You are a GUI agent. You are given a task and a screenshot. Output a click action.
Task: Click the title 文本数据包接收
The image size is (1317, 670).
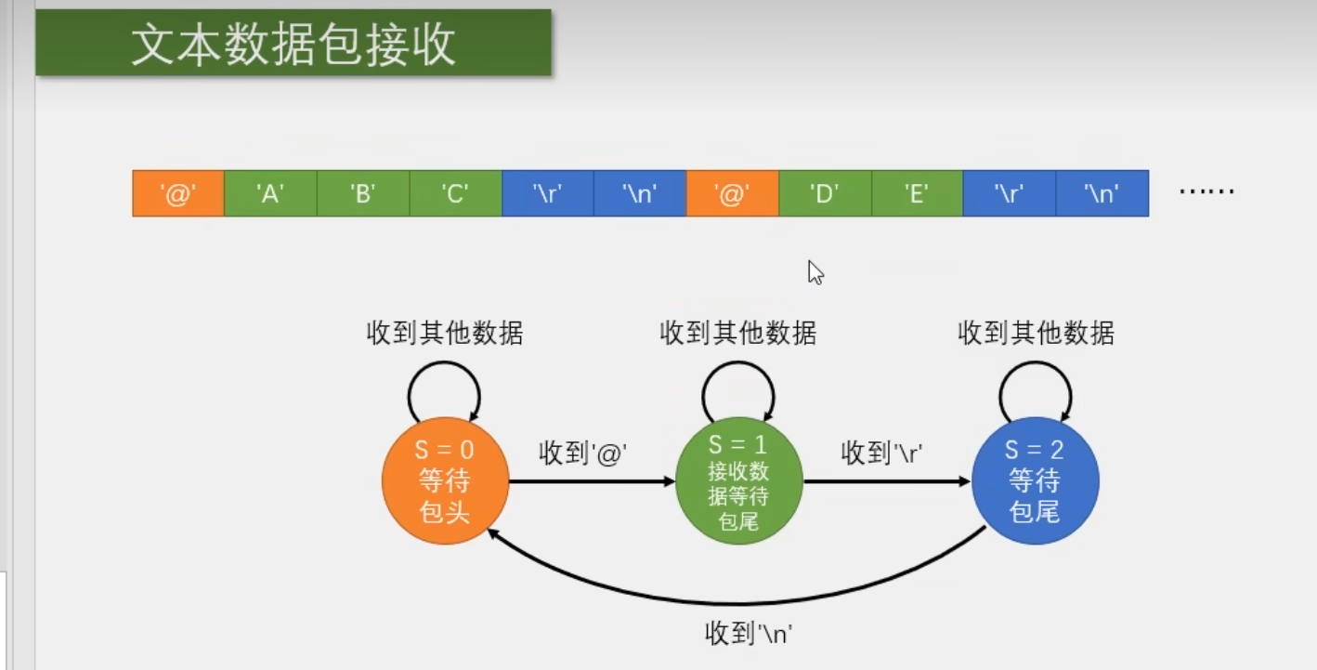click(293, 44)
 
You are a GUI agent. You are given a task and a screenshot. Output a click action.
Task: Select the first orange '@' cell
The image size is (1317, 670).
click(178, 193)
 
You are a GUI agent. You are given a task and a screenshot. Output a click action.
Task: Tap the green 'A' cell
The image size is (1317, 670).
click(270, 193)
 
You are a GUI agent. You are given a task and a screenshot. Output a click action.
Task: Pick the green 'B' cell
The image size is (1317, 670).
click(362, 193)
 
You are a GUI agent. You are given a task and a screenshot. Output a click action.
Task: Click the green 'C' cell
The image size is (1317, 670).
click(455, 193)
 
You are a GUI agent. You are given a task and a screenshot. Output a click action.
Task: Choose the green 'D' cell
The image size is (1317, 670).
click(825, 193)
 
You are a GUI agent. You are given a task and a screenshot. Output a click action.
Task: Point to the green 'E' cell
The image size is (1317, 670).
click(917, 193)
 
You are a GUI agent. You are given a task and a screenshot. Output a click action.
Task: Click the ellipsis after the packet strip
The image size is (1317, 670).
click(1206, 192)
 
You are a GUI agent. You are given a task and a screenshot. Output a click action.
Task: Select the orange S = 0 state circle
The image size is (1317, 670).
click(445, 481)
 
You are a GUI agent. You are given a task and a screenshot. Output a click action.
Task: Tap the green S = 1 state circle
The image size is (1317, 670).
click(738, 481)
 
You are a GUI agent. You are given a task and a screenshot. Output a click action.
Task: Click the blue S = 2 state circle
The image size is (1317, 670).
click(1035, 481)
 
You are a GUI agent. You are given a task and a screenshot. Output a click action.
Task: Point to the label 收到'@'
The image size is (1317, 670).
click(583, 453)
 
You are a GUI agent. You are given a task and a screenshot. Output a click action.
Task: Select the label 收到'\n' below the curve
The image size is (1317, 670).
click(748, 635)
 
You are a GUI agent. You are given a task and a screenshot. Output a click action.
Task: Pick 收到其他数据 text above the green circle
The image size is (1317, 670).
click(738, 333)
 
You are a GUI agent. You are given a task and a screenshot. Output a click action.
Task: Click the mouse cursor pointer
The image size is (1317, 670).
click(815, 271)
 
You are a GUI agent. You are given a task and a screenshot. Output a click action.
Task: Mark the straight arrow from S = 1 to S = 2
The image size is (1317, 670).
click(887, 481)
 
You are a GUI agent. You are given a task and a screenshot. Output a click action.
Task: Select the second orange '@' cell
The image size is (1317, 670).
click(732, 193)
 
